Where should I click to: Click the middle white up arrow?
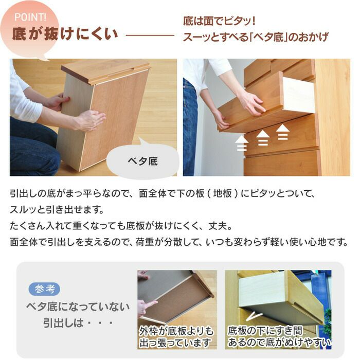pyautogui.click(x=263, y=137)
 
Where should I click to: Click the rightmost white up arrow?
pyautogui.click(x=282, y=132)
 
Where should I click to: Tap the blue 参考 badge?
pyautogui.click(x=44, y=289)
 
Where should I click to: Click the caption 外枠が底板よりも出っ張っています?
pyautogui.click(x=176, y=336)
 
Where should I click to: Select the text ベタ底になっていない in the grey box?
pyautogui.click(x=78, y=307)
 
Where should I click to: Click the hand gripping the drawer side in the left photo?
pyautogui.click(x=89, y=120)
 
